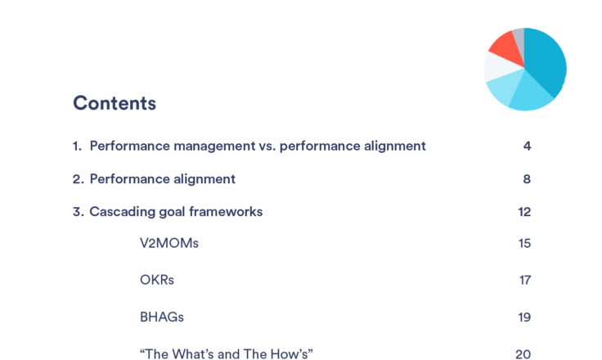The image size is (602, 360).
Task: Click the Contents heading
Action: pos(115,103)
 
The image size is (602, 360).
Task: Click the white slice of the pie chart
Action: pos(501,67)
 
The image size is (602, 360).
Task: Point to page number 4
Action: pos(527,146)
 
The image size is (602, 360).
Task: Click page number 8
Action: pos(527,179)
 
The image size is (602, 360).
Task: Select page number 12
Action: pos(524,212)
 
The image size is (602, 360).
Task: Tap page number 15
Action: pos(524,243)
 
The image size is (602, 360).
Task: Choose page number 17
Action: pos(525,280)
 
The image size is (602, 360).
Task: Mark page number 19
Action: pos(524,317)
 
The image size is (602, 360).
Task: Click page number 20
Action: pos(523,353)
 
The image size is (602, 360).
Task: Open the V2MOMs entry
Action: pos(169,243)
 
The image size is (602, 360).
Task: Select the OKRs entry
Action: pos(157,280)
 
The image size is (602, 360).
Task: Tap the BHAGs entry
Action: pos(162,317)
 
